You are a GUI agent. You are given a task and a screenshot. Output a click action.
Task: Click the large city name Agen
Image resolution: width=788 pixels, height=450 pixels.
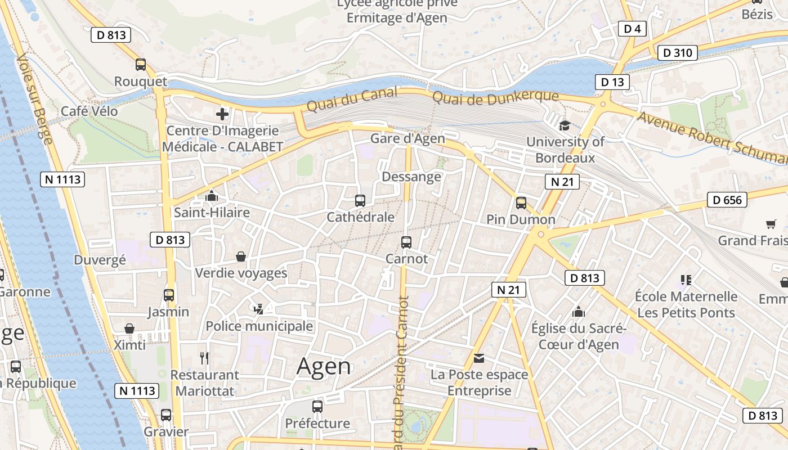(324, 367)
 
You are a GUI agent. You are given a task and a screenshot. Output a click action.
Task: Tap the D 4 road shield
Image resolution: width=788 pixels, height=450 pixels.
(632, 29)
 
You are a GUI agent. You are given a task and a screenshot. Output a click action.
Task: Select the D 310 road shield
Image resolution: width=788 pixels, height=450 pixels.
(677, 53)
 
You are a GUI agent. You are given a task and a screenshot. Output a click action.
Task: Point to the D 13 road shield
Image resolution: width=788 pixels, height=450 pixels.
(612, 82)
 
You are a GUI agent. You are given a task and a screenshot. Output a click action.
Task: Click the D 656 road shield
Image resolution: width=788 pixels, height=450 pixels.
(727, 200)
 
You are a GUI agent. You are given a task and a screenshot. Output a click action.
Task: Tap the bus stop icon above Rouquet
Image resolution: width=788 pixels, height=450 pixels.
(141, 65)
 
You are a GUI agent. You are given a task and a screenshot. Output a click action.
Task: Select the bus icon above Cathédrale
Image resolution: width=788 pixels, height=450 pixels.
(360, 200)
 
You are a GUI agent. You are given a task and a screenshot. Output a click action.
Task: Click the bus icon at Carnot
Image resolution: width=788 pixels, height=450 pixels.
(406, 242)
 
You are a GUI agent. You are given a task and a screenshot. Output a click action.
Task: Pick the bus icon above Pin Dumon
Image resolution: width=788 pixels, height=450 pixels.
(521, 203)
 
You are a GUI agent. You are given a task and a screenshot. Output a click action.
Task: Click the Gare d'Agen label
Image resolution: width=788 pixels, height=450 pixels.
(408, 138)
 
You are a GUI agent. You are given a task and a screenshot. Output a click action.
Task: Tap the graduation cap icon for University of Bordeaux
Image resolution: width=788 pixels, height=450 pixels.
(564, 125)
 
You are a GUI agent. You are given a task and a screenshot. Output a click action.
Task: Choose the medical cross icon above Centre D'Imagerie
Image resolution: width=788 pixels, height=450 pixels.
(222, 115)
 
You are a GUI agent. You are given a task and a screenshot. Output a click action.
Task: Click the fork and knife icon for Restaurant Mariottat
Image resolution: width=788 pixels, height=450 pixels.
(205, 358)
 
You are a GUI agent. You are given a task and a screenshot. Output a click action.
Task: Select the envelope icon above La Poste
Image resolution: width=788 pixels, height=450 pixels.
(479, 358)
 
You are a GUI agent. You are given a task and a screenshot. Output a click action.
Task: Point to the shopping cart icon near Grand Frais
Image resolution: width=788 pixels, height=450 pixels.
(771, 224)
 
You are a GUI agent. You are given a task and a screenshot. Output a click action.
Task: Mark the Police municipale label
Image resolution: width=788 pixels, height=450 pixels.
(259, 326)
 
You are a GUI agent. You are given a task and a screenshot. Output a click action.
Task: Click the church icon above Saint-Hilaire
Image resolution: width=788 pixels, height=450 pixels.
(212, 196)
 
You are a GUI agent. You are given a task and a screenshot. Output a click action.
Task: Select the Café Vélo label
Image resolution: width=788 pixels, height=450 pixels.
(89, 111)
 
